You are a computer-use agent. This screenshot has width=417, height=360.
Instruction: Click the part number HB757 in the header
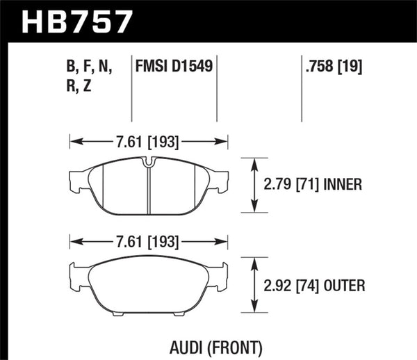(76, 20)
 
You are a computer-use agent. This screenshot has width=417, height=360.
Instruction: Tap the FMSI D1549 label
(173, 67)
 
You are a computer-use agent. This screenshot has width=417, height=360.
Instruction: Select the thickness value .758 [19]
(332, 67)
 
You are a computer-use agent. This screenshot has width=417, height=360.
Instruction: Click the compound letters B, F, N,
(99, 67)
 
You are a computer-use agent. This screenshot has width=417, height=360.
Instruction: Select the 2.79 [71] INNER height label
(314, 185)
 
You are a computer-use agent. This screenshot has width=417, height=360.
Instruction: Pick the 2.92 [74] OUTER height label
(316, 285)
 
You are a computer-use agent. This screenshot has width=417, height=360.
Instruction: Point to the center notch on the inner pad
(149, 163)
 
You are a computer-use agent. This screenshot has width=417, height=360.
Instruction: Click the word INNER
(347, 185)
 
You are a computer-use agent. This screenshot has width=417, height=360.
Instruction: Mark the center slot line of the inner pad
(149, 191)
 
